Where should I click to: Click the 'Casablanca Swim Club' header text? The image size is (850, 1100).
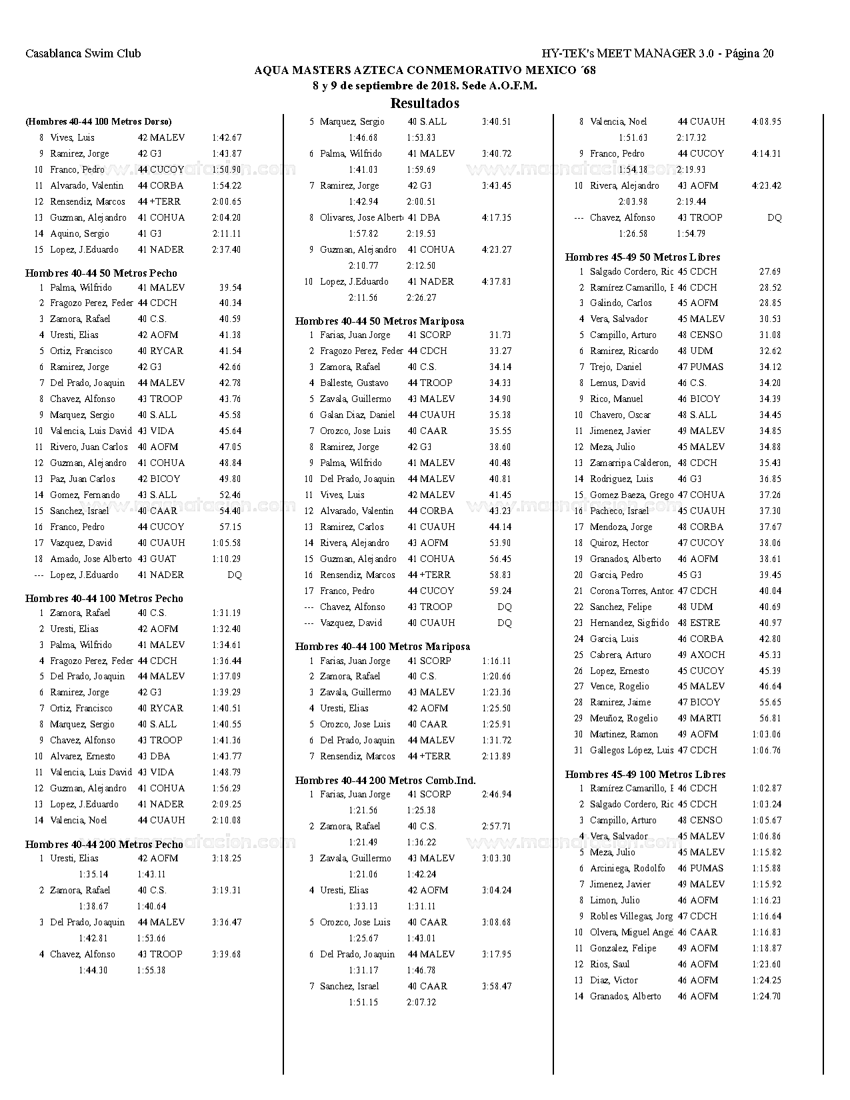tap(83, 53)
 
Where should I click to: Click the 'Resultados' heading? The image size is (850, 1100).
tap(425, 103)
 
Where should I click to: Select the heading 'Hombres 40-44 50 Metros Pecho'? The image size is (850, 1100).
tap(101, 273)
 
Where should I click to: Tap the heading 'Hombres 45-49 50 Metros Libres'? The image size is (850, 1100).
tap(643, 257)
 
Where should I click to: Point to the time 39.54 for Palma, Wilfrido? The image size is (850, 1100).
tap(230, 287)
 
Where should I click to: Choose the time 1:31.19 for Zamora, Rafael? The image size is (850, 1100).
tap(227, 613)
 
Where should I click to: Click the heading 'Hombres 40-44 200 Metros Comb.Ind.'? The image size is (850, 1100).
tap(385, 780)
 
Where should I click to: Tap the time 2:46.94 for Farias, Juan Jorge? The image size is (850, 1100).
tap(497, 794)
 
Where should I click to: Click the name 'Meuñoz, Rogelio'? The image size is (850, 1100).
tap(623, 718)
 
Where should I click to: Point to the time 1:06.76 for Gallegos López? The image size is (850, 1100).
tap(766, 750)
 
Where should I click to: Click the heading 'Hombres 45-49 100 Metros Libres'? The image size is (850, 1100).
tap(645, 774)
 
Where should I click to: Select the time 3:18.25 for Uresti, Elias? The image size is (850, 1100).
tap(227, 858)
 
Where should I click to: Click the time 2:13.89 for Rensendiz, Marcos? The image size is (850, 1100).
tap(497, 756)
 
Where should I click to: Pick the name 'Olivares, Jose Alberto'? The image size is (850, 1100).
tap(361, 217)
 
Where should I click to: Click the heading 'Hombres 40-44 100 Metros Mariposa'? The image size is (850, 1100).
tap(383, 646)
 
